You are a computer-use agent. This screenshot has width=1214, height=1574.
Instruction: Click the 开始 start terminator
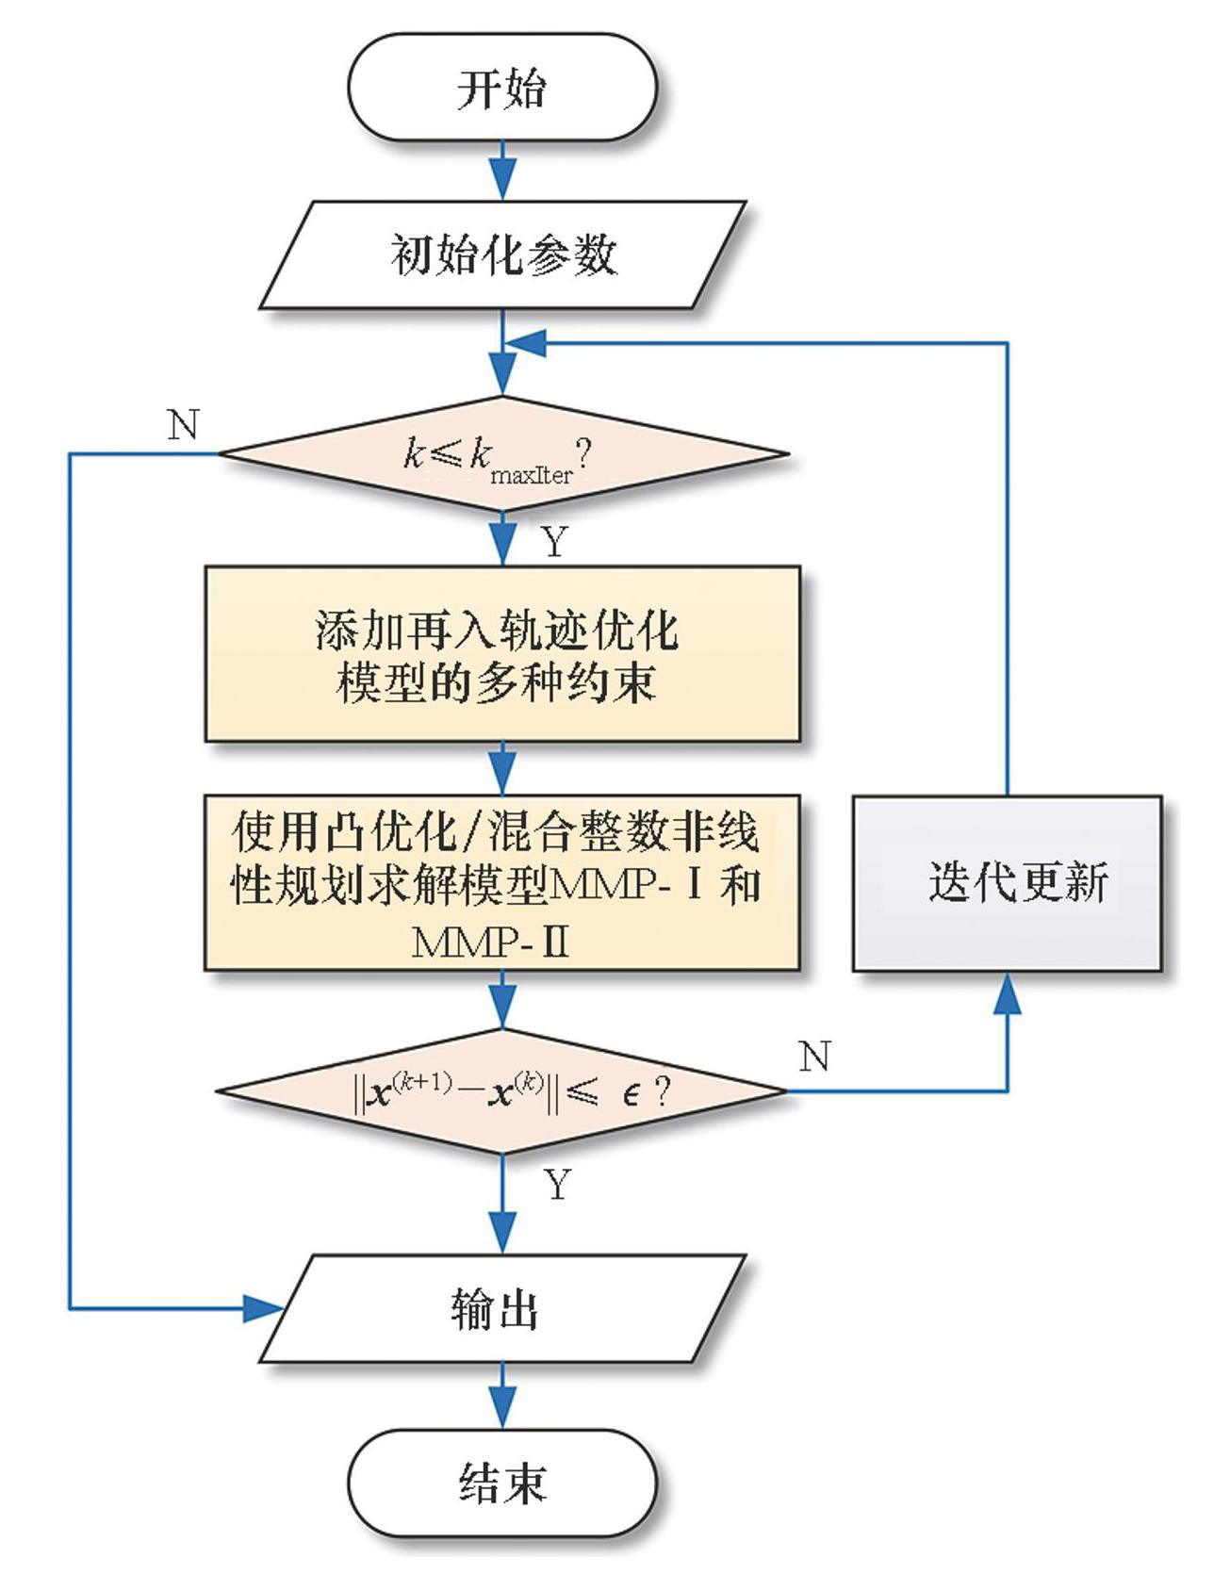pyautogui.click(x=501, y=88)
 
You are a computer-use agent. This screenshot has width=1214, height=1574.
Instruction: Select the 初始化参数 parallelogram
pyautogui.click(x=503, y=254)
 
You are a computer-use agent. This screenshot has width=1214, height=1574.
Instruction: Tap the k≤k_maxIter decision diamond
pyautogui.click(x=503, y=454)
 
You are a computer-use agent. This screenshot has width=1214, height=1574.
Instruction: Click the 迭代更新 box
pyautogui.click(x=1007, y=883)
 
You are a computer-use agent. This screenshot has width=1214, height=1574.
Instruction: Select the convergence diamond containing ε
pyautogui.click(x=502, y=1091)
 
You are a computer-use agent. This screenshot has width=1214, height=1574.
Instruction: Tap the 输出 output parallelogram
pyautogui.click(x=502, y=1308)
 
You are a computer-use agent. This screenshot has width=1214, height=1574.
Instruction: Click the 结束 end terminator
pyautogui.click(x=501, y=1484)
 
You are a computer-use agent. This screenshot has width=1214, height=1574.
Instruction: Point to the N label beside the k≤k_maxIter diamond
pyautogui.click(x=183, y=425)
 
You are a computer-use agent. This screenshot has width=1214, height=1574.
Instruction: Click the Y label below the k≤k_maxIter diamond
pyautogui.click(x=555, y=541)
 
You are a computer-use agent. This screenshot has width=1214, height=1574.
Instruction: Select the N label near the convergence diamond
pyautogui.click(x=814, y=1057)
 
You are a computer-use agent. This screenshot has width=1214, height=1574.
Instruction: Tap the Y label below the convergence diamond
pyautogui.click(x=558, y=1184)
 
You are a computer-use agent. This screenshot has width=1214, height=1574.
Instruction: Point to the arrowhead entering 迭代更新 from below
pyautogui.click(x=1008, y=993)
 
